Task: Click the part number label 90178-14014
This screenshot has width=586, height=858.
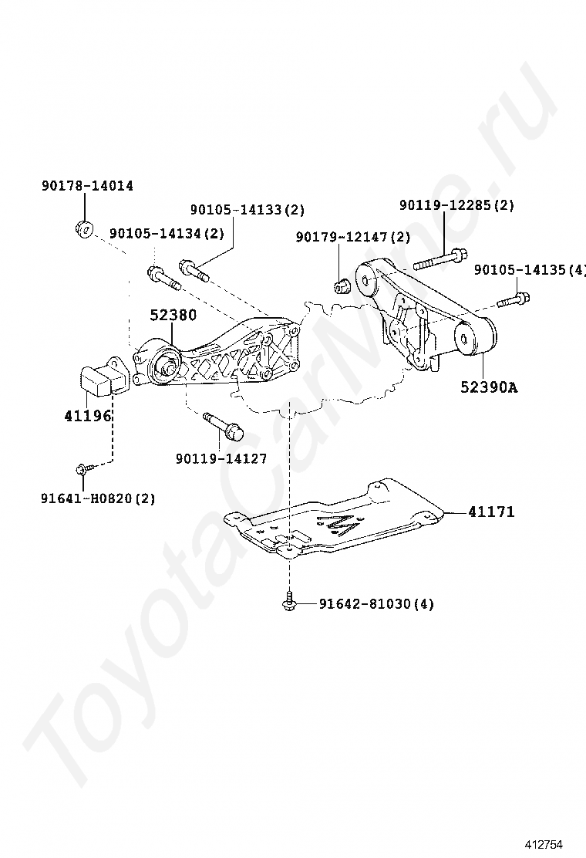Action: pos(87,186)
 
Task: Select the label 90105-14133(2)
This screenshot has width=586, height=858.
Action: pos(248,209)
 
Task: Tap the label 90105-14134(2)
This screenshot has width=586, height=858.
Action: pos(167,233)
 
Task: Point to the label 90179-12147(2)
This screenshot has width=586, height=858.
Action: pos(353,237)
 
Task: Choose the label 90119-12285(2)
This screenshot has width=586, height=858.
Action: pos(456,205)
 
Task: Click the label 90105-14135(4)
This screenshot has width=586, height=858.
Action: pos(529,270)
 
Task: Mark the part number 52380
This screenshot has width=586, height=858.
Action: pos(173,315)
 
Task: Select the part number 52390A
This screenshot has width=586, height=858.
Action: pos(489,387)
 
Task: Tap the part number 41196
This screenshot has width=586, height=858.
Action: pos(88,416)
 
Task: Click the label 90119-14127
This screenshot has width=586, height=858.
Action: pos(221,458)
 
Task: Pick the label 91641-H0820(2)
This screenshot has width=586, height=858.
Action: pos(98,498)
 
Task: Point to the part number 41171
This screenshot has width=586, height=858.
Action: pos(490,512)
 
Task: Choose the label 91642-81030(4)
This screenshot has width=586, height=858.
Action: pos(376,603)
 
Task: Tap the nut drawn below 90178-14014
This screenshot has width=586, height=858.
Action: pos(85,228)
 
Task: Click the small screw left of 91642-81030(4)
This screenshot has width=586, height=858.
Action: pos(290,601)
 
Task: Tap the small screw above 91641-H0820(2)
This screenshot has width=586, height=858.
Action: pos(83,468)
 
